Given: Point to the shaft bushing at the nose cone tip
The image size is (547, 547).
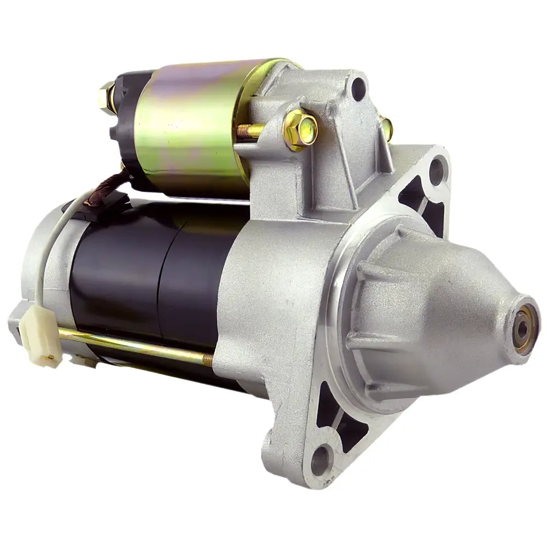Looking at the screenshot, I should [523, 328].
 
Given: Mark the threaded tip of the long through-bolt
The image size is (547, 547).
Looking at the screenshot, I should [208, 359].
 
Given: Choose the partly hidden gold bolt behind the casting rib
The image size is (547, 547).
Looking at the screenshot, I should [386, 129].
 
